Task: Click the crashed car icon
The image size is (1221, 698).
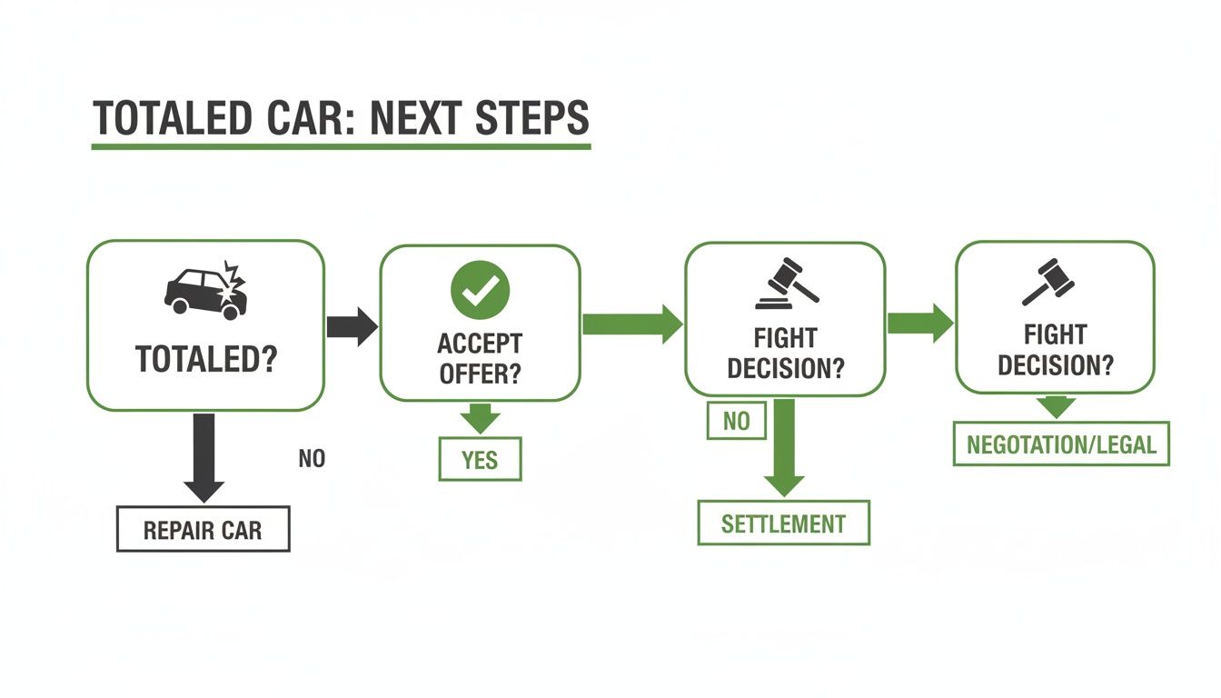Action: click(x=206, y=290)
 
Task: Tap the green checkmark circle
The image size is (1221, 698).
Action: click(x=480, y=289)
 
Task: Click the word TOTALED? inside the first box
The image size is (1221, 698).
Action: click(x=206, y=360)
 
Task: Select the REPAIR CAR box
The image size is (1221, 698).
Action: click(x=203, y=529)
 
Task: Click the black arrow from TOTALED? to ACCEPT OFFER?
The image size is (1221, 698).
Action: click(x=351, y=325)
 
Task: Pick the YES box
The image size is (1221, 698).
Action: click(x=480, y=459)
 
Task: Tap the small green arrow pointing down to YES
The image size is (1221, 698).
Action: click(x=480, y=419)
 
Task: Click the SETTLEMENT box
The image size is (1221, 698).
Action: click(x=783, y=523)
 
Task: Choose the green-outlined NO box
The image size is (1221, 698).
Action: click(x=736, y=421)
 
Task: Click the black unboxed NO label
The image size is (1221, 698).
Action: click(x=312, y=459)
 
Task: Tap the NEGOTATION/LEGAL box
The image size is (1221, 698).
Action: click(x=1061, y=444)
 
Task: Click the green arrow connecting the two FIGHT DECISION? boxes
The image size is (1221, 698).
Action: click(x=919, y=322)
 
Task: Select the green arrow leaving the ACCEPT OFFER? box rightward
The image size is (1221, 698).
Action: click(x=631, y=324)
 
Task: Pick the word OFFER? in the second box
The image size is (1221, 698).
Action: click(x=480, y=374)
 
